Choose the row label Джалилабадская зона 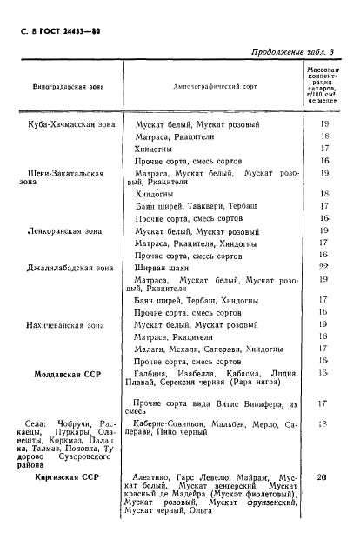coord(65,267)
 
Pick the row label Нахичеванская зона coord(65,323)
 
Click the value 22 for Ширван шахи coord(323,267)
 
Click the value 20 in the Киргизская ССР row coord(323,477)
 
